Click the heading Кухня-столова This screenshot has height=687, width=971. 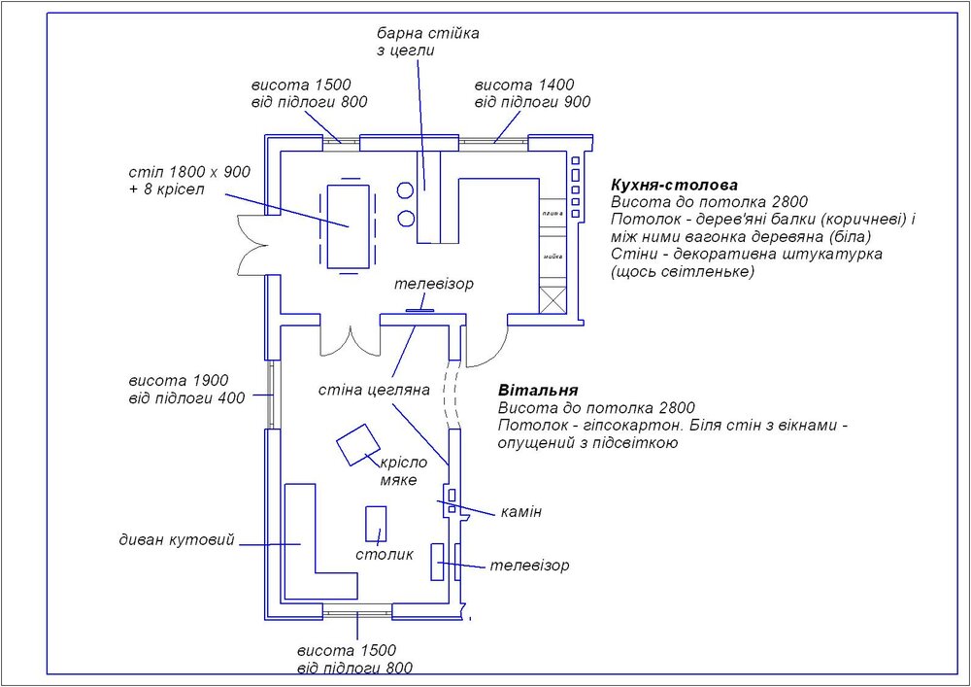pos(674,185)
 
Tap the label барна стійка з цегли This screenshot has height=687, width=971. pos(427,43)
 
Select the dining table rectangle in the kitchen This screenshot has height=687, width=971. pos(349,225)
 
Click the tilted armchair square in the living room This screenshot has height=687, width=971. pos(358,445)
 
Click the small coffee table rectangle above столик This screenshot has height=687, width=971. pos(376,523)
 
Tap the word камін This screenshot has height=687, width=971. pos(521,511)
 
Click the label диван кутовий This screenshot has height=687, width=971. pos(177,540)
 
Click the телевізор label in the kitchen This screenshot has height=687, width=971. pos(433,285)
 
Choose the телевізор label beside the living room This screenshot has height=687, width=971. pos(529,565)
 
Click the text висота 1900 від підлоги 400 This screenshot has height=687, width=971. pos(186,389)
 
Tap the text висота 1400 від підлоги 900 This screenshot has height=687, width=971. pos(532,93)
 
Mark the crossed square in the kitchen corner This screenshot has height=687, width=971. pos(552,300)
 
